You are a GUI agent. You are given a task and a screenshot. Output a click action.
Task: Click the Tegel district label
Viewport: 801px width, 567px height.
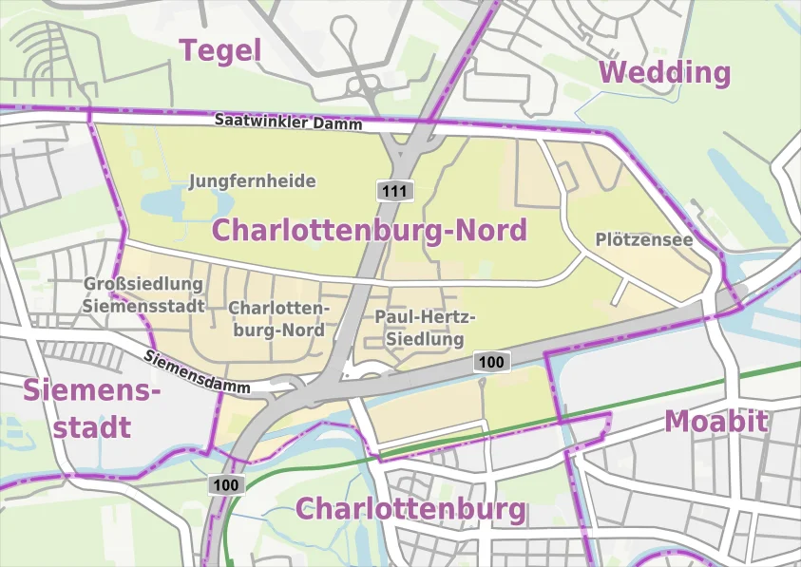[x=220, y=50]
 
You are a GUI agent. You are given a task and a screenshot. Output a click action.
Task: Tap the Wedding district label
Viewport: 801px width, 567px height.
[x=665, y=72]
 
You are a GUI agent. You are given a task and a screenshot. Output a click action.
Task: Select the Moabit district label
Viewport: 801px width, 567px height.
[x=715, y=421]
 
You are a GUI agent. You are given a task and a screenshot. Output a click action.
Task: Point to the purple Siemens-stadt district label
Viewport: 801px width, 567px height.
[x=91, y=408]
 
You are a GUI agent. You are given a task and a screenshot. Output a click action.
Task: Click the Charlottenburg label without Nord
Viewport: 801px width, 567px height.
[x=410, y=509]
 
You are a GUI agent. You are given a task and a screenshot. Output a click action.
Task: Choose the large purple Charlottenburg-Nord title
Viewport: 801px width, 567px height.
[x=369, y=230]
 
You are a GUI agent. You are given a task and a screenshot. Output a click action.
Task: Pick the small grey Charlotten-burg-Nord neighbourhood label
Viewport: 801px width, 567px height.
[x=278, y=319]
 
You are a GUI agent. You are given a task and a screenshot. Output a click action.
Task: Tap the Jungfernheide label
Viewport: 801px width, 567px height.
[x=252, y=180]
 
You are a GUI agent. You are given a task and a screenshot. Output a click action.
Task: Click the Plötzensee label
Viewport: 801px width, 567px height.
[x=643, y=239]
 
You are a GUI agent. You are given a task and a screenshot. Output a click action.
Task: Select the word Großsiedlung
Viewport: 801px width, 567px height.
[x=143, y=284]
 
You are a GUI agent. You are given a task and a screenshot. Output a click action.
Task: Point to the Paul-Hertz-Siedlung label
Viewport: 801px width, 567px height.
[x=425, y=328]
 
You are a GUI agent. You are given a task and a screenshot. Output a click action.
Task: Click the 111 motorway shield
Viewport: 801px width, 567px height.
[x=395, y=191]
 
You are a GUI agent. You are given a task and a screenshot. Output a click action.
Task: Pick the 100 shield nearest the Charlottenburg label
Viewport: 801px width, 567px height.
[x=226, y=485]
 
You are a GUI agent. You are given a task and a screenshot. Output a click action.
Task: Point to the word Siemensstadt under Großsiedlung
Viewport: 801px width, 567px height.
[x=143, y=306]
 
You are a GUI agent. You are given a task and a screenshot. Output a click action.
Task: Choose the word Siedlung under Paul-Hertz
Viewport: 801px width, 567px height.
[x=425, y=339]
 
